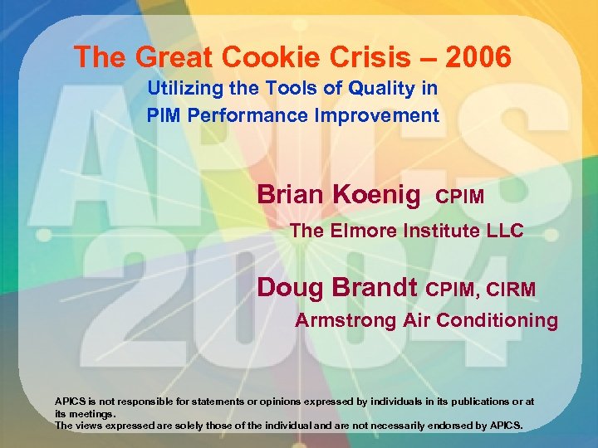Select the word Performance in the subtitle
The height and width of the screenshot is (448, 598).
point(244,115)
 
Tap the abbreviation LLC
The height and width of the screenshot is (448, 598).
point(505,231)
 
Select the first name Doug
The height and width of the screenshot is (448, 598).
point(290,287)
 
